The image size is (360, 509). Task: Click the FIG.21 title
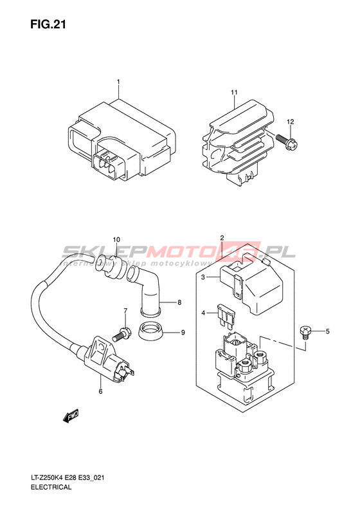pos(48,24)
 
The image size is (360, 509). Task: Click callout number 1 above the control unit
pos(118,82)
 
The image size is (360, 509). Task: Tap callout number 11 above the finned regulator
pos(234,93)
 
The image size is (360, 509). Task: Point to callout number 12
pos(291,122)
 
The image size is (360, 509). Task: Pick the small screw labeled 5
pos(305,333)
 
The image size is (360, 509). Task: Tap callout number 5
pos(328,331)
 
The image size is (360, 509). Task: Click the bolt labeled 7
pos(122,335)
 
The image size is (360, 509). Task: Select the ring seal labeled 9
pos(150,331)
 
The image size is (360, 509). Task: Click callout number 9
pos(183,333)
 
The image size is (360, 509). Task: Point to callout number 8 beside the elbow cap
pos(179,302)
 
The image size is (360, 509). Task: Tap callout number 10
pos(116,239)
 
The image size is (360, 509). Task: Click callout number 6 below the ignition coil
pos(100,391)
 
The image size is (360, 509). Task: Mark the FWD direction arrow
pos(71,416)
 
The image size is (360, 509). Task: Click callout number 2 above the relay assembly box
pos(222,237)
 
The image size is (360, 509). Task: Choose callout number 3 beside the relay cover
pos(203,277)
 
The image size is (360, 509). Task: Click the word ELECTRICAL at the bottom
pos(51,487)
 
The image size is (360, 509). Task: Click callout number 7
pos(125,311)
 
